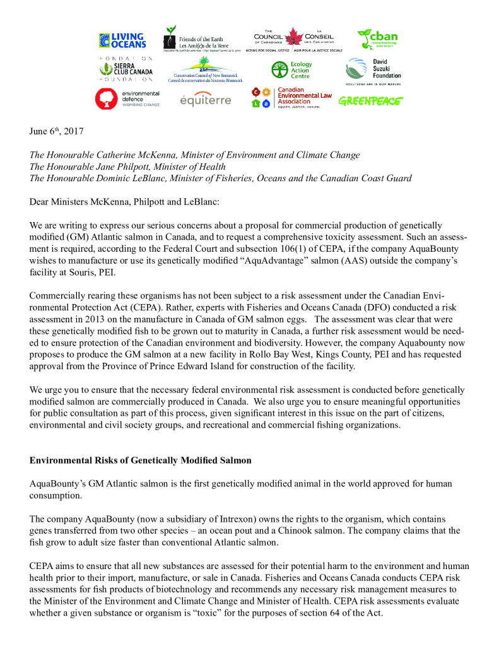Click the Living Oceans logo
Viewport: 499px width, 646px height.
tap(122, 40)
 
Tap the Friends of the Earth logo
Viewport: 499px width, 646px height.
tap(201, 40)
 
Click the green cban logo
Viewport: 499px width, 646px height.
tap(377, 39)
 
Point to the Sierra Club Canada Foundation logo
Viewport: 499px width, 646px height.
tap(124, 69)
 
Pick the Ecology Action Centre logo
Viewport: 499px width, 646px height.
tap(291, 69)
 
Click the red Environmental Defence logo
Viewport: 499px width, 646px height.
tap(127, 98)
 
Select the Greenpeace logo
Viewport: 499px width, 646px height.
tap(370, 100)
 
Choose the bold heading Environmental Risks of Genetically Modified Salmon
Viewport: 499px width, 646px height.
tap(140, 460)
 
